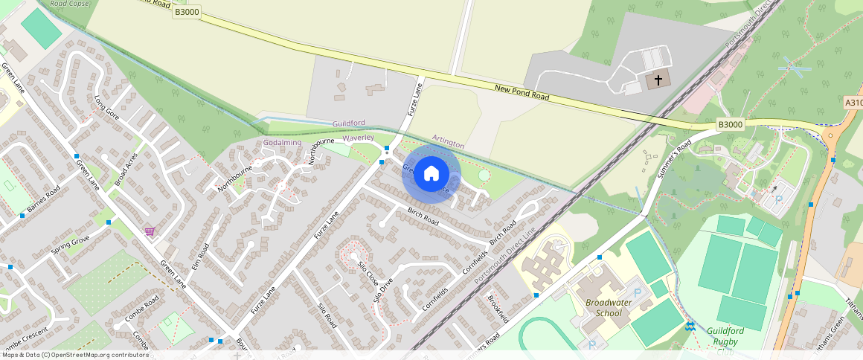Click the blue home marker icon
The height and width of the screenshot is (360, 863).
pyautogui.click(x=431, y=174)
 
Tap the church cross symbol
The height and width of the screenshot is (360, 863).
pyautogui.click(x=657, y=80)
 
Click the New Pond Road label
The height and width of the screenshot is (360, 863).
pyautogui.click(x=522, y=93)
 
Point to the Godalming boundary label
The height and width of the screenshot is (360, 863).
pyautogui.click(x=282, y=142)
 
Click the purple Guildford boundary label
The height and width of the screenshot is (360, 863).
pyautogui.click(x=349, y=122)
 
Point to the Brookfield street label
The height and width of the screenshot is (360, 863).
pyautogui.click(x=498, y=309)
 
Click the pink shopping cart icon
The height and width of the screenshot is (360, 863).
pyautogui.click(x=150, y=231)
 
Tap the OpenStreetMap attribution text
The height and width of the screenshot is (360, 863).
pyautogui.click(x=74, y=355)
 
